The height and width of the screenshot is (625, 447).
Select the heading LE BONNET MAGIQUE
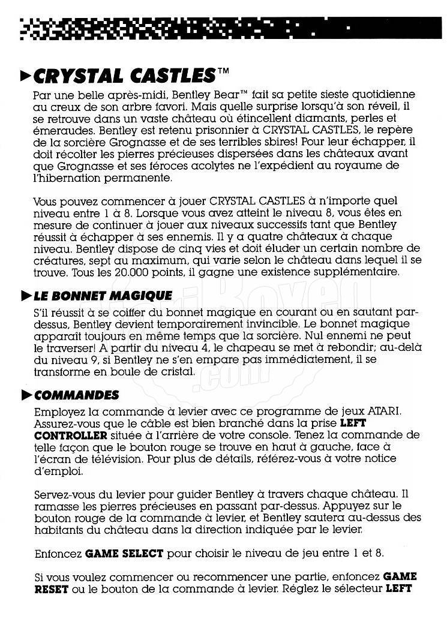103,296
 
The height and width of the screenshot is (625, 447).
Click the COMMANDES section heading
77,395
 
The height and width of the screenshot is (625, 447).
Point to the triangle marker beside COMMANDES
25,395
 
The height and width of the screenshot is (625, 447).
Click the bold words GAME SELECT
122,552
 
